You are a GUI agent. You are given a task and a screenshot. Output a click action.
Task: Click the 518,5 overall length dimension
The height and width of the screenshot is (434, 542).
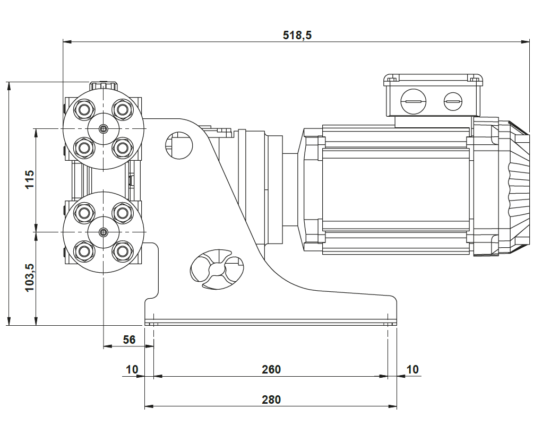pos(297,35)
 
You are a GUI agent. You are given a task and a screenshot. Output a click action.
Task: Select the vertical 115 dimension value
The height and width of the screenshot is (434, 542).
pos(29,180)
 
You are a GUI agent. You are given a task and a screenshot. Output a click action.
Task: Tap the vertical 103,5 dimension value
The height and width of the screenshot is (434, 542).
pos(29,276)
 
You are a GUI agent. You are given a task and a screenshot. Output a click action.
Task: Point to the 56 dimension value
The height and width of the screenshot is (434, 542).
pos(130,340)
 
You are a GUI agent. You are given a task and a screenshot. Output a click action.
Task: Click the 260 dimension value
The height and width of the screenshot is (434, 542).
pos(271,369)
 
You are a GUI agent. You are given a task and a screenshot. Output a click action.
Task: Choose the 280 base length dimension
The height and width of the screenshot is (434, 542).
pos(271,400)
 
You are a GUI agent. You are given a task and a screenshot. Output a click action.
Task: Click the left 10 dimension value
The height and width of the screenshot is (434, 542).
pos(132,369)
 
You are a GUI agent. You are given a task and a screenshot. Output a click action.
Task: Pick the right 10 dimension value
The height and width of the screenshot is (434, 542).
pos(412,369)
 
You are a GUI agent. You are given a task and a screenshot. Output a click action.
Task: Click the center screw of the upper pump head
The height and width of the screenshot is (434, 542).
pos(104,128)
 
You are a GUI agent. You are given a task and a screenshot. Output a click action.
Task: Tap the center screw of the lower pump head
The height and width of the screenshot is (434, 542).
pos(104,232)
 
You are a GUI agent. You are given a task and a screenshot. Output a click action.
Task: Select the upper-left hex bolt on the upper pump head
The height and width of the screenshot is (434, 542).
pos(84,109)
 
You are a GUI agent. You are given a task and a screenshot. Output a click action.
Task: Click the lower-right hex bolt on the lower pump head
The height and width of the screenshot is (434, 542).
pos(123,249)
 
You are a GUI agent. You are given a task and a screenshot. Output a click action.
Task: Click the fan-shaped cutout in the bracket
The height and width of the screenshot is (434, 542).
pos(217,270)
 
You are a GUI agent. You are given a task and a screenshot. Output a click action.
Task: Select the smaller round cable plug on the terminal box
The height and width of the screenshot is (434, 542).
pos(453,100)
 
